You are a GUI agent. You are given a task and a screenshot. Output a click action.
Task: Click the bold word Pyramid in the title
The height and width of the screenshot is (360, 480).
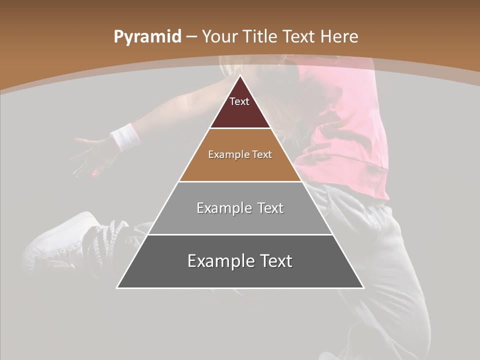pos(147,37)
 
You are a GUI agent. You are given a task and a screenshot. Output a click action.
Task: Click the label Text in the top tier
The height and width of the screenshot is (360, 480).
pos(239,102)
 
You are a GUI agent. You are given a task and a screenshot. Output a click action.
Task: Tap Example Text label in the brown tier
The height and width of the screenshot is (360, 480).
pos(240,155)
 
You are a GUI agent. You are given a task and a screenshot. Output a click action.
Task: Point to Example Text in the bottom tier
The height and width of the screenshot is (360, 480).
pos(240,261)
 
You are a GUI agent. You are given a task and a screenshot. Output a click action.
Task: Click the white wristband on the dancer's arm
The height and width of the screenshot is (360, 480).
pos(124,136)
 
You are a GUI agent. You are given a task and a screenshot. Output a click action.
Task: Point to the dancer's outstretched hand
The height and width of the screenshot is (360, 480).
pos(92,155)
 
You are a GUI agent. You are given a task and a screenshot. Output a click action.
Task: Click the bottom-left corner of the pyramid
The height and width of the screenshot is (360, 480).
pos(117,287)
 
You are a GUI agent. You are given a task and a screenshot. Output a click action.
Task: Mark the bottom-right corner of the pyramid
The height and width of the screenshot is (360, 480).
pos(363,287)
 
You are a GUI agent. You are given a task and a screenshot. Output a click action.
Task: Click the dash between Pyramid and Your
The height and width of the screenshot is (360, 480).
pos(191,37)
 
